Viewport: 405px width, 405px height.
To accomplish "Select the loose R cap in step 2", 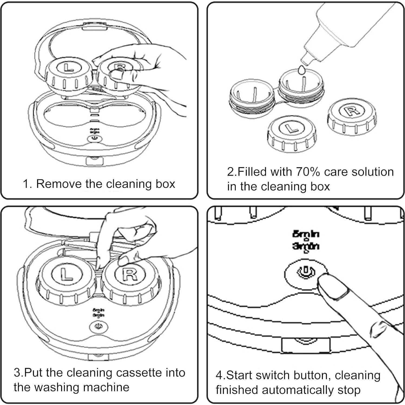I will coord(351,111).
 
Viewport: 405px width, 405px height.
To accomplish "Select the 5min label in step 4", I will coord(306,234).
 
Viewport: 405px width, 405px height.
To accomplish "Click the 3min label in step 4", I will coord(306,246).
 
